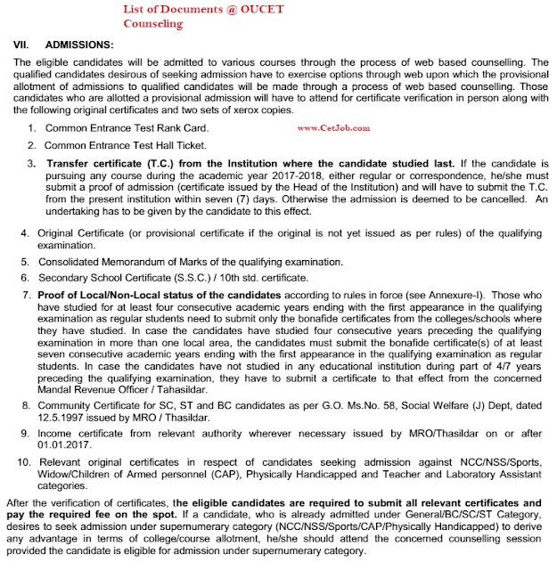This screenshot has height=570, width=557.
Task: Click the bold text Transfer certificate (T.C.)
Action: pyautogui.click(x=107, y=165)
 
